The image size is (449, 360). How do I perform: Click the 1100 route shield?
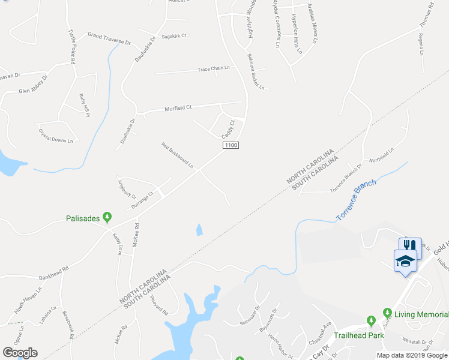coord(231,146)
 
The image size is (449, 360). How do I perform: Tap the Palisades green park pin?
coord(107,217)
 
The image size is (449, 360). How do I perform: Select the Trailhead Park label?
coord(358,335)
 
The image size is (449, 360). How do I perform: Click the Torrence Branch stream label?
coord(356,199)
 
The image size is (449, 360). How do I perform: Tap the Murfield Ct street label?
coord(178,109)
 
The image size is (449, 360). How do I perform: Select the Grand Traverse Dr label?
coord(109,39)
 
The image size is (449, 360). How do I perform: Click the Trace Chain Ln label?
coord(214,69)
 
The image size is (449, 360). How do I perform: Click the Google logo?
coord(20,353)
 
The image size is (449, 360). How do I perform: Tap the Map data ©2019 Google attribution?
coord(412,355)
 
